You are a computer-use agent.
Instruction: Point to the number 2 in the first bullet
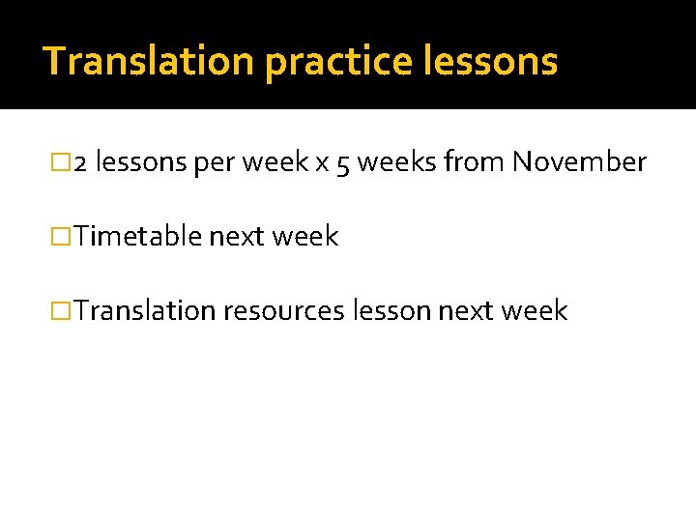(x=81, y=163)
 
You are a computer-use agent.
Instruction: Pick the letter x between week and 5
(x=322, y=163)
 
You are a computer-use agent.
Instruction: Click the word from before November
(x=474, y=162)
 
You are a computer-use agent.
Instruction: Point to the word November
(x=579, y=162)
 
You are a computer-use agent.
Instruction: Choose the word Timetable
(x=138, y=237)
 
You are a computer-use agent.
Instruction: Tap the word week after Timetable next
(x=305, y=237)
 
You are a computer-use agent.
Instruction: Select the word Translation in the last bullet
(x=145, y=311)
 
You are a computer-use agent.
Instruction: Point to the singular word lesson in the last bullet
(x=392, y=311)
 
